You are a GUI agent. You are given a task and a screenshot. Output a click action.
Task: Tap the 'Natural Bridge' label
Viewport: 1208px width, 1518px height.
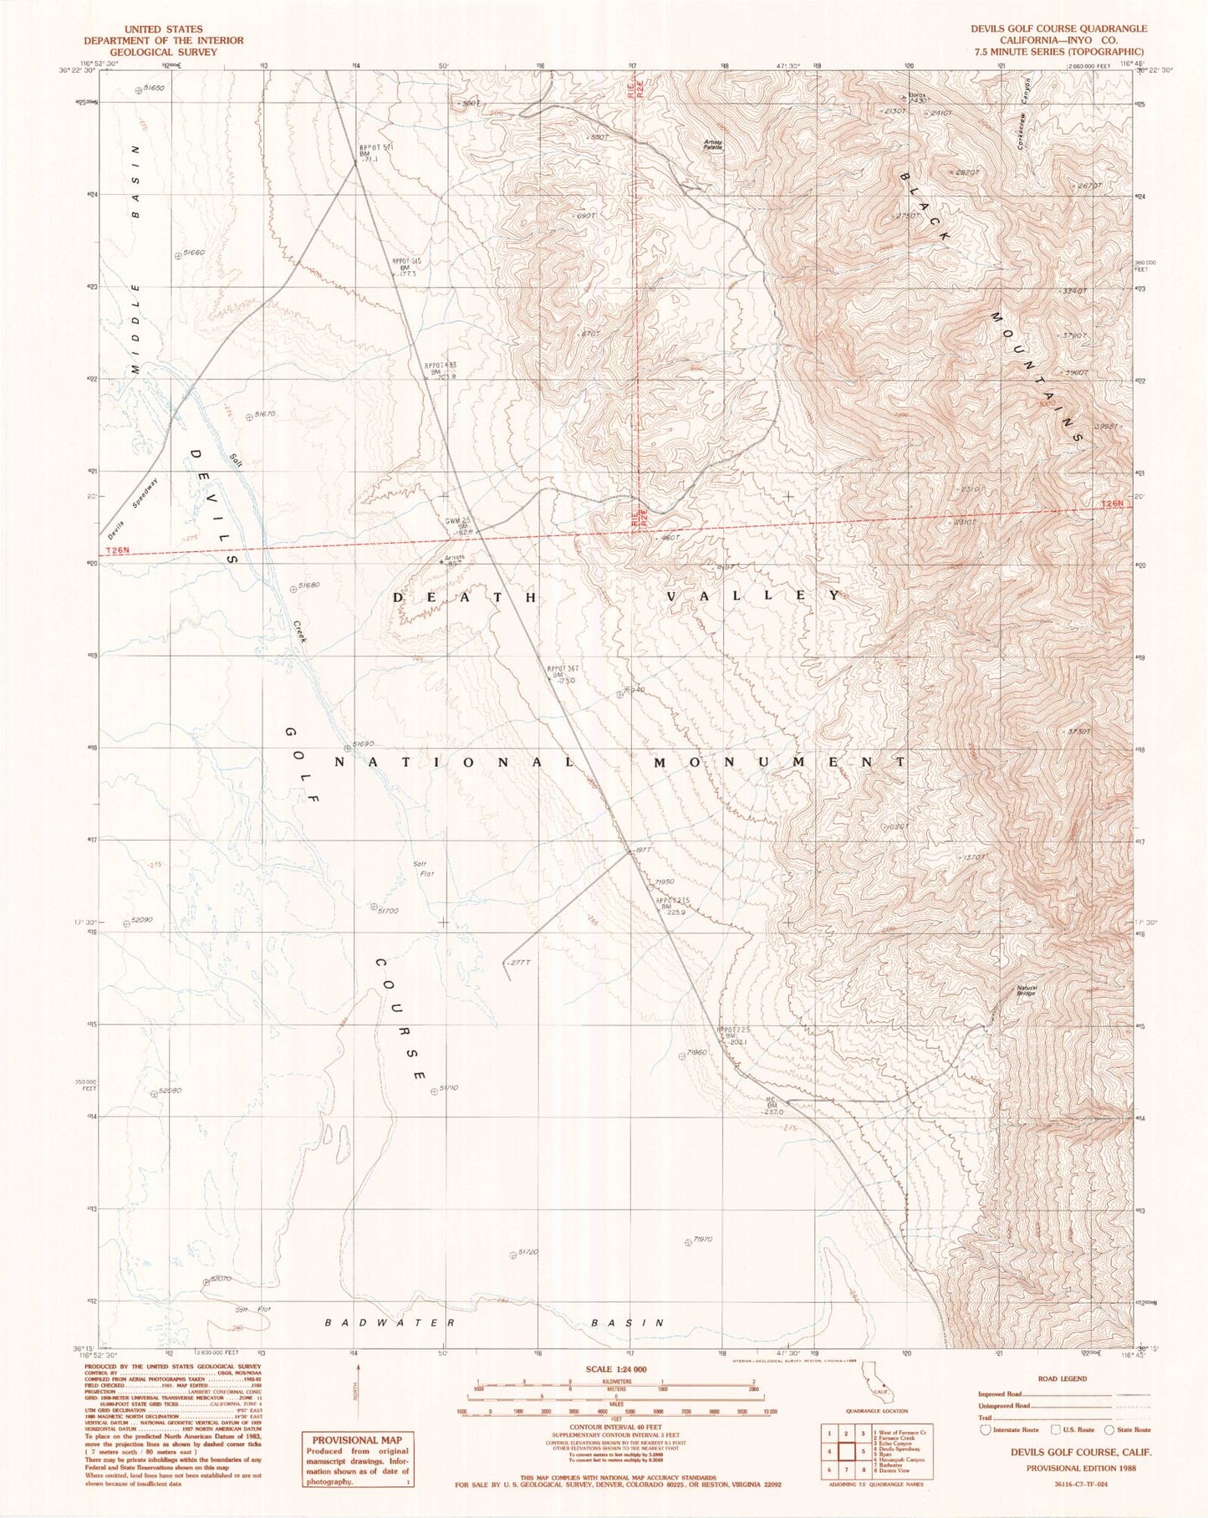click(1027, 989)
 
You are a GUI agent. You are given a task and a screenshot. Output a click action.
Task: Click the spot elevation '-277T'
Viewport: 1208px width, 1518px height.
click(518, 963)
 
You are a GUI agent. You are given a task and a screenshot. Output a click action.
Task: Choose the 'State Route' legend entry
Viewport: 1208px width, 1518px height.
click(1134, 1429)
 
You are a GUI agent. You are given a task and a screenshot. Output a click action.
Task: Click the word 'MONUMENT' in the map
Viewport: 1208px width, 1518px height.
click(779, 762)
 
